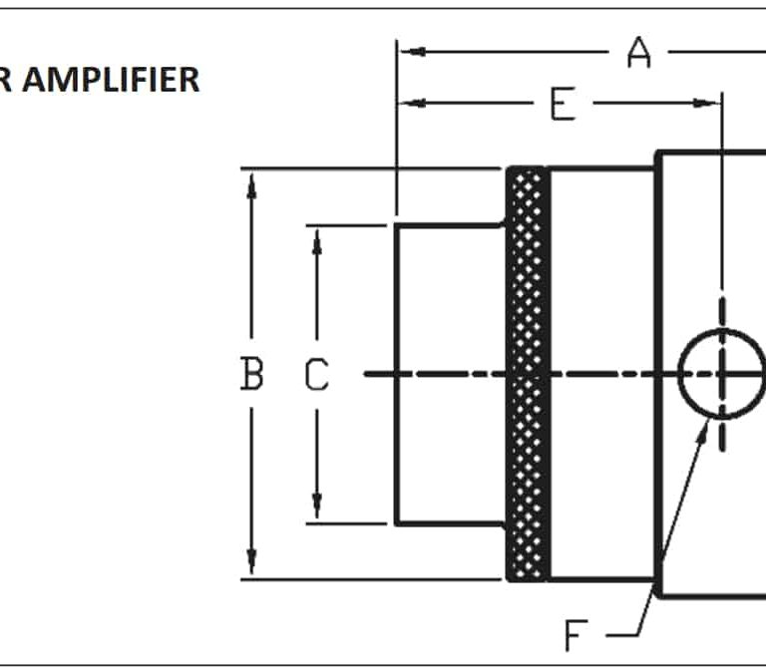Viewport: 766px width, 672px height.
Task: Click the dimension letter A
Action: point(638,52)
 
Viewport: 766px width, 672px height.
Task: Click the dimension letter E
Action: point(563,104)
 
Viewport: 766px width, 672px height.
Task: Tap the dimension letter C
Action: point(316,375)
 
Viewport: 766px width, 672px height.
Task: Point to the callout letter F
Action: point(575,634)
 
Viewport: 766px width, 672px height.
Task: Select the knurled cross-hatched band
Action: point(528,374)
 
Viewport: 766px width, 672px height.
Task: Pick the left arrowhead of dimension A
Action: point(410,51)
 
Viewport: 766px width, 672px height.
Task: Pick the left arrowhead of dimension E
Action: point(410,102)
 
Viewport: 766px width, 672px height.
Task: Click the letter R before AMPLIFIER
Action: point(6,80)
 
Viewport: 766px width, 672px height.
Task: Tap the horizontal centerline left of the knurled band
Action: point(439,374)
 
